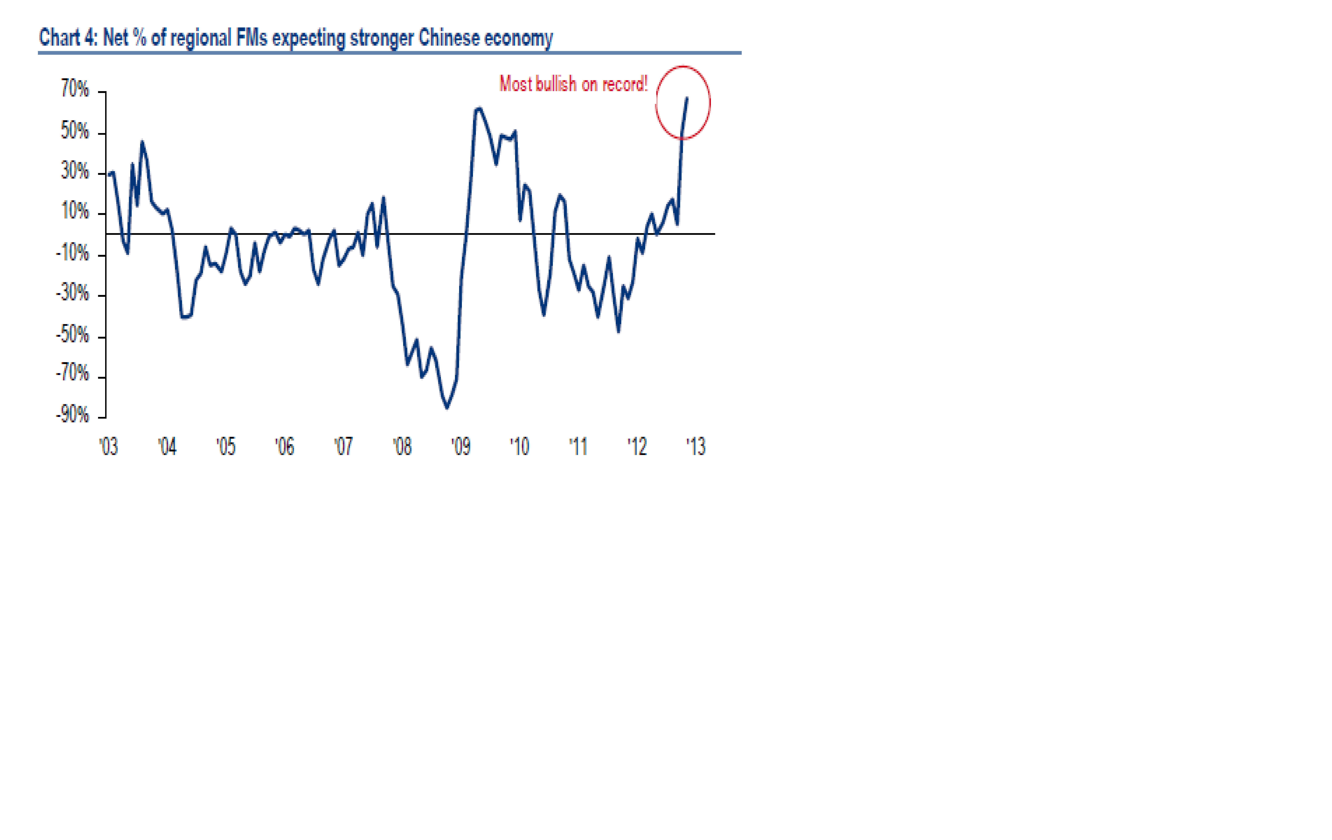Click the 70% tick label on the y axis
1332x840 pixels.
(75, 89)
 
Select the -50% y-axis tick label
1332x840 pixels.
(72, 334)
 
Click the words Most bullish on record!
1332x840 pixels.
(573, 84)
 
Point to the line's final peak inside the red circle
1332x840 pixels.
(687, 98)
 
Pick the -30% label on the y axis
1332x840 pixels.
(72, 293)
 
